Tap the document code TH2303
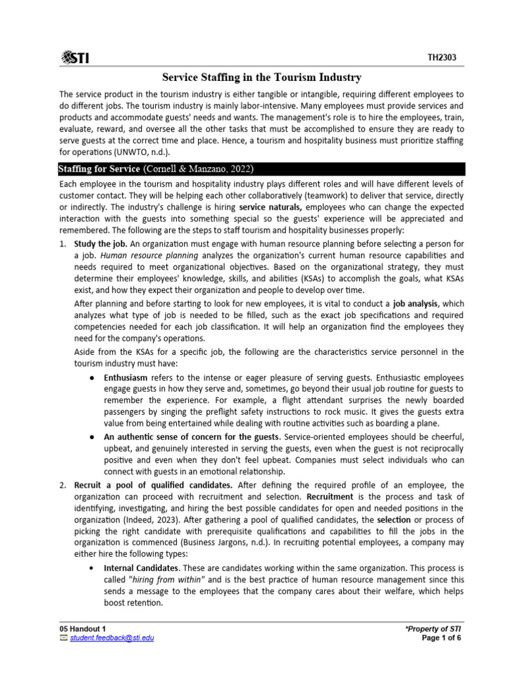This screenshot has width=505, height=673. pos(442,58)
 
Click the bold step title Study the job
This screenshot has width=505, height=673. pos(97,243)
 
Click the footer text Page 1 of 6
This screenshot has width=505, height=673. pos(442,638)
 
